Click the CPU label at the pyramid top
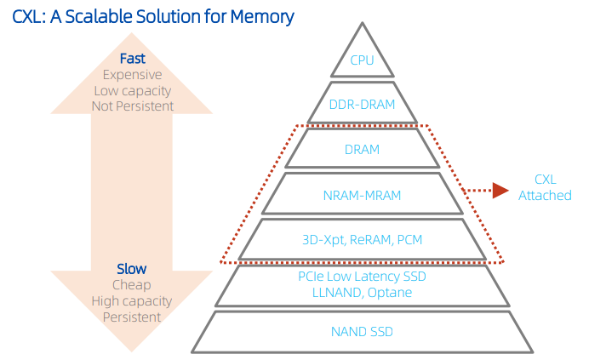pos(362,60)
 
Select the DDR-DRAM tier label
pos(362,106)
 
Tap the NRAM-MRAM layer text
pos(362,195)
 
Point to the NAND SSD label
pos(362,331)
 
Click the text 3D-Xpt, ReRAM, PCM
pos(362,239)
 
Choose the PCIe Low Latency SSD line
pos(362,277)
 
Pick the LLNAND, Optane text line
pos(362,293)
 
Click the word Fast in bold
pos(132,59)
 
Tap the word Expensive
pos(132,75)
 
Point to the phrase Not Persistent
pos(132,106)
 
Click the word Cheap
pos(132,285)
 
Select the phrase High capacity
pos(132,301)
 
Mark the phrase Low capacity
pos(132,90)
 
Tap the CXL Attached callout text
pos(545,188)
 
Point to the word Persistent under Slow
pos(132,317)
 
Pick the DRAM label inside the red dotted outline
pos(362,150)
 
